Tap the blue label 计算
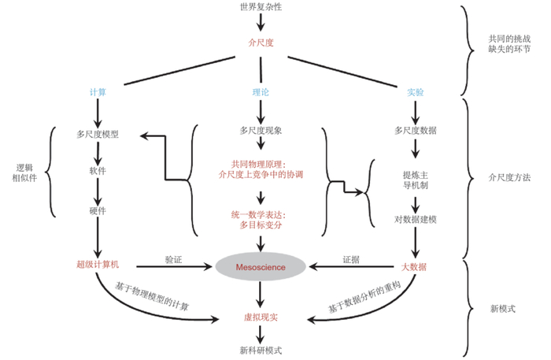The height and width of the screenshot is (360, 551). [x=98, y=91]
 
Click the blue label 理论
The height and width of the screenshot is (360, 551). [x=261, y=91]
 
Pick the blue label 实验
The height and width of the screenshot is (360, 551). [x=415, y=91]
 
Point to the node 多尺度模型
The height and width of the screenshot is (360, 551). [x=98, y=134]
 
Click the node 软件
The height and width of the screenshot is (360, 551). [x=98, y=170]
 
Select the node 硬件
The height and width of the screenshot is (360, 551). [x=98, y=211]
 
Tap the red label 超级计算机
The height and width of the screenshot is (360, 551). [x=98, y=266]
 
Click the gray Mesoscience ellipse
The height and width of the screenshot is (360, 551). [x=261, y=267]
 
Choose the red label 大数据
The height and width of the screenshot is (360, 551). [x=414, y=267]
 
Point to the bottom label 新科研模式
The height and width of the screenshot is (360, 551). [x=260, y=349]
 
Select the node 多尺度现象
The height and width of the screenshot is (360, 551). [x=261, y=129]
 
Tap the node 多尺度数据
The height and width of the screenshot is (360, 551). [x=415, y=129]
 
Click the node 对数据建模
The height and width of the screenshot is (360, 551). [x=414, y=216]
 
